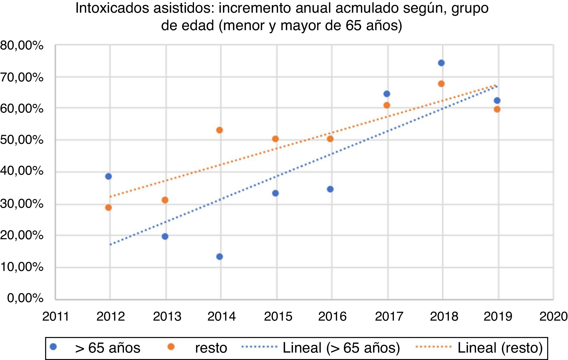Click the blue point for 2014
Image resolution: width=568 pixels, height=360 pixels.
pos(219,256)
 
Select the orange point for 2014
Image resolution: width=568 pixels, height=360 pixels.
pos(219,130)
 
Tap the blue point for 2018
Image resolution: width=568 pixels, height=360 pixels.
pos(441,63)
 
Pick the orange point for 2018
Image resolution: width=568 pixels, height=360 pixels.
pos(441,84)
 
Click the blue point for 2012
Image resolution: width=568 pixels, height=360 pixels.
pos(108,176)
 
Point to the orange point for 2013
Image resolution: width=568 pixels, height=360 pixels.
pos(165,200)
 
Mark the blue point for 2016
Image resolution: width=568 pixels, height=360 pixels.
pos(330,189)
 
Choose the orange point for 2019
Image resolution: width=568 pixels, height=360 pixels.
pos(497,109)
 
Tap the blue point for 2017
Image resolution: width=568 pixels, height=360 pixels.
pos(387,94)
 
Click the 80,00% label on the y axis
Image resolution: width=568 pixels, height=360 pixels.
pos(22,45)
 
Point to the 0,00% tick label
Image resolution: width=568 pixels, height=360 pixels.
pos(25,298)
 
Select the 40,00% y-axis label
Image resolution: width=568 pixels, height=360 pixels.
pos(22,171)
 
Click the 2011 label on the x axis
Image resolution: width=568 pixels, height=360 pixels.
pos(56,316)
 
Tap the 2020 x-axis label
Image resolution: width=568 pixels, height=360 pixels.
pos(553,316)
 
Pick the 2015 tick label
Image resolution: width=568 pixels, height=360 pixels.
pos(278,316)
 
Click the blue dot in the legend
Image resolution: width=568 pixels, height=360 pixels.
pos(53,347)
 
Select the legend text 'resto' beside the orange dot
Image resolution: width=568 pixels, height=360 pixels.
pos(211,348)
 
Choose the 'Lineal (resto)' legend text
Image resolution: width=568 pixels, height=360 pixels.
pos(500,348)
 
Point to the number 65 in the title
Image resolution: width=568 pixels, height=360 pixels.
pos(353,26)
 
